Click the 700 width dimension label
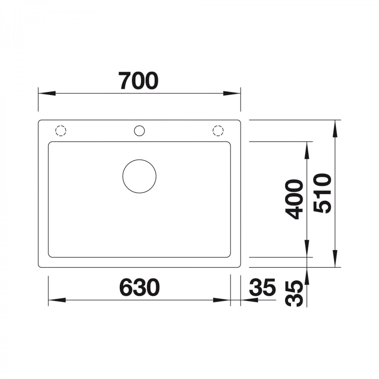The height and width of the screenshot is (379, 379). tap(138, 81)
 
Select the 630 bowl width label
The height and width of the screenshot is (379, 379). tap(139, 288)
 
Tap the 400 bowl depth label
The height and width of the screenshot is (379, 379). tap(294, 200)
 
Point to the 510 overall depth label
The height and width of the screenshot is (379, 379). tap(322, 194)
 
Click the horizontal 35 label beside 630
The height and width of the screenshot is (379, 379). tap(262, 288)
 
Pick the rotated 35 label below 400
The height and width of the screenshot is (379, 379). tap(294, 294)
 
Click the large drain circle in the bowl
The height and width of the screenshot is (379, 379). tap(139, 160)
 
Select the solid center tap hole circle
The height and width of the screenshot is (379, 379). tap(139, 126)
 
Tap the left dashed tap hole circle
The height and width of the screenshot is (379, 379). tap(61, 125)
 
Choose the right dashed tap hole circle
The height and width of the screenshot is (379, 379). tap(218, 125)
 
